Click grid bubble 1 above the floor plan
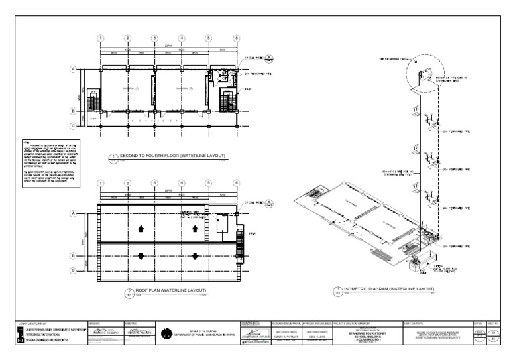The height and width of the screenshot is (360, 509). [101, 38]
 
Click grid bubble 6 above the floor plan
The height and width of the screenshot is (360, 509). [236, 38]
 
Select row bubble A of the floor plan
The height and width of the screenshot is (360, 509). [74, 68]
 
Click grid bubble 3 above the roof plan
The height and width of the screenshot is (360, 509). [154, 182]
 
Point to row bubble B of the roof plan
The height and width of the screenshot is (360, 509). [74, 255]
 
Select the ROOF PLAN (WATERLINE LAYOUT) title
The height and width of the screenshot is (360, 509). [166, 290]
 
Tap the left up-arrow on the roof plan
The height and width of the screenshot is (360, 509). [141, 229]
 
